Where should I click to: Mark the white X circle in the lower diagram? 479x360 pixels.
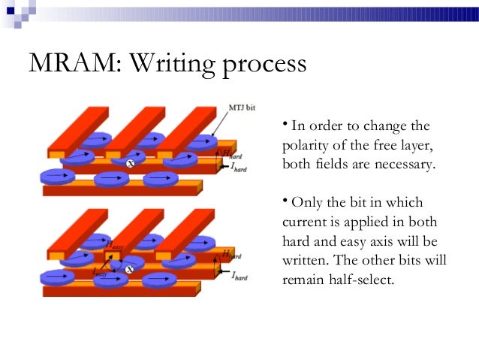tap(129, 268)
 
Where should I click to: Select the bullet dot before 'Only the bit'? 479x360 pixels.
tap(285, 201)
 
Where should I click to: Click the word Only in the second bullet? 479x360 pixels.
tap(306, 203)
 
